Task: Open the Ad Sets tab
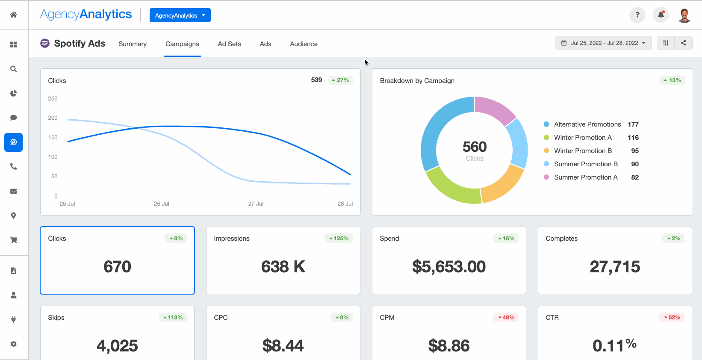pyautogui.click(x=229, y=44)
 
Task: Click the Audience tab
pyautogui.click(x=304, y=44)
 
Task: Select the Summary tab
pyautogui.click(x=133, y=44)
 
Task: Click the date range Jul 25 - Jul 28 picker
pyautogui.click(x=603, y=43)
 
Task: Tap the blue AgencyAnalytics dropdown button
pyautogui.click(x=180, y=15)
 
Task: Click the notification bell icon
pyautogui.click(x=661, y=15)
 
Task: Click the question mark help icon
pyautogui.click(x=637, y=15)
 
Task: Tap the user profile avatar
pyautogui.click(x=684, y=15)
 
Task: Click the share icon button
pyautogui.click(x=683, y=43)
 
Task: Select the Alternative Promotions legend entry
pyautogui.click(x=587, y=124)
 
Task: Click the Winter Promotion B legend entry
pyautogui.click(x=582, y=151)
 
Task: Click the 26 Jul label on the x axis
pyautogui.click(x=161, y=204)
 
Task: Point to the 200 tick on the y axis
pyautogui.click(x=53, y=118)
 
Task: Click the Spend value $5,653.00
pyautogui.click(x=448, y=267)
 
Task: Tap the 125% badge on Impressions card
pyautogui.click(x=339, y=239)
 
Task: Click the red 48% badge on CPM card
pyautogui.click(x=506, y=318)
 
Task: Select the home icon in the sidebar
pyautogui.click(x=14, y=15)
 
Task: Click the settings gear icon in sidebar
pyautogui.click(x=14, y=344)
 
